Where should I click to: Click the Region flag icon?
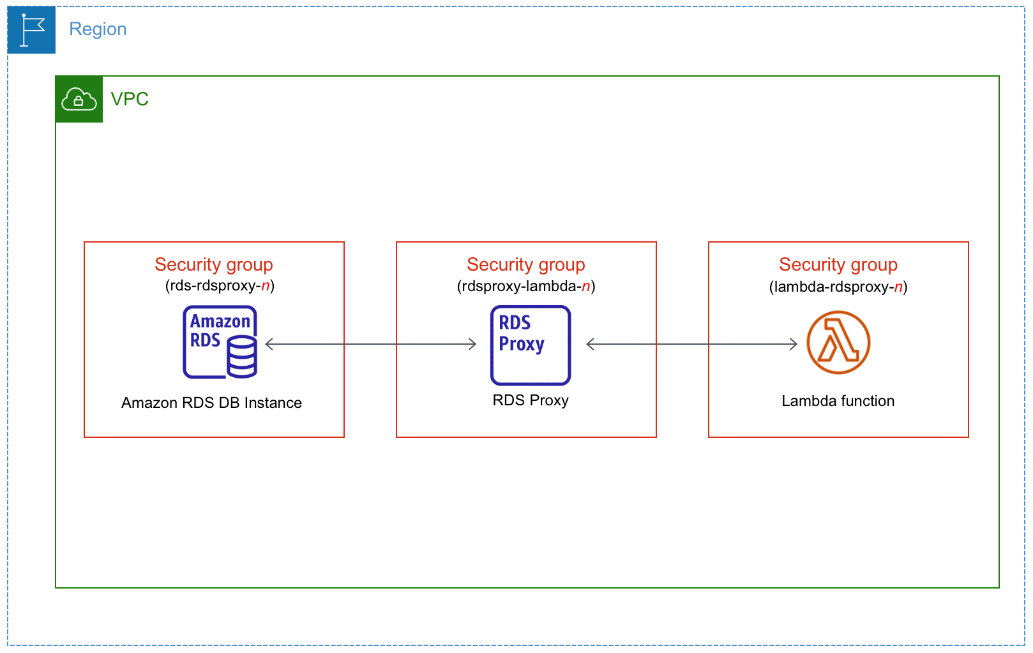[x=31, y=30]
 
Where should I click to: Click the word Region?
[x=98, y=29]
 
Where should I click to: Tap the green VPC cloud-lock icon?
[x=79, y=100]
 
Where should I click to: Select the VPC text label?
[x=130, y=99]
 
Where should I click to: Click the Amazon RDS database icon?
[x=220, y=342]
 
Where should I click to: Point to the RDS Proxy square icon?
[x=531, y=345]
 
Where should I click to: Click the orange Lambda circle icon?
[x=838, y=342]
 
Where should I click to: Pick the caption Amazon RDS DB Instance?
[x=211, y=403]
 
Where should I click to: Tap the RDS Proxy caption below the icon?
[x=531, y=400]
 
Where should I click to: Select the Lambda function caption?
[x=838, y=401]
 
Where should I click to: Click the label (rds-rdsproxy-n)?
[x=220, y=285]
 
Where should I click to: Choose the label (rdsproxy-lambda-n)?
[x=526, y=286]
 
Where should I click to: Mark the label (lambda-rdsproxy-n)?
[x=838, y=287]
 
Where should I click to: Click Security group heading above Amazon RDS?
[x=214, y=264]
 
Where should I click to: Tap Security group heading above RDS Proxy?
[x=526, y=264]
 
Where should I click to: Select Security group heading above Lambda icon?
[x=838, y=264]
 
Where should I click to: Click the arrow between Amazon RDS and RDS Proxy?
[x=370, y=344]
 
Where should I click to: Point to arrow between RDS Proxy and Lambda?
[x=691, y=344]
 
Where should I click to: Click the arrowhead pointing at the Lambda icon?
[x=794, y=344]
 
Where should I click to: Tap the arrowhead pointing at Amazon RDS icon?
[x=269, y=344]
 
